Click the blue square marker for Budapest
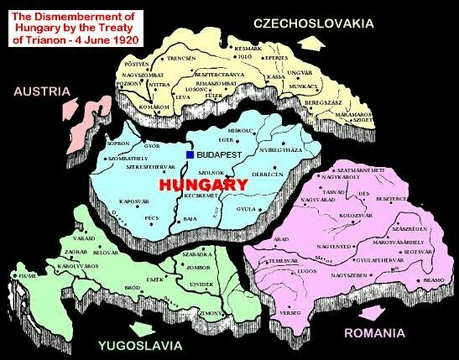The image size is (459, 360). tap(190, 155)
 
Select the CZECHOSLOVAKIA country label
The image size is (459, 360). tap(315, 23)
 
